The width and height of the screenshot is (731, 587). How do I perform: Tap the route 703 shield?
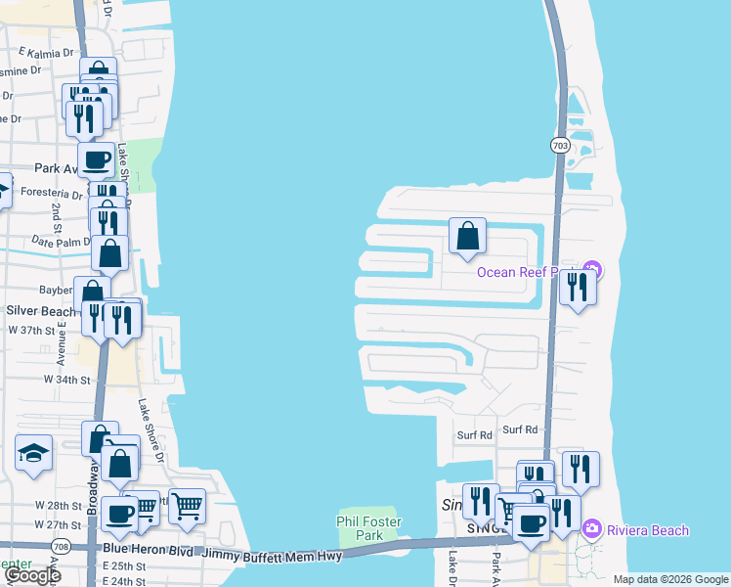coord(559,145)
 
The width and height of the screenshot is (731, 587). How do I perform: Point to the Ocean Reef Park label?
coord(528,272)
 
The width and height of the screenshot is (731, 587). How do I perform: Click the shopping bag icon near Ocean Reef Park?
coord(467,236)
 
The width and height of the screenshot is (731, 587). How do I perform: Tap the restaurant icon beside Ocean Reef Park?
coord(578,286)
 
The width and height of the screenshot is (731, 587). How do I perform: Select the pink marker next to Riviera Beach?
coord(592,529)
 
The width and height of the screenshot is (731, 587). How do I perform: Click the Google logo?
coord(32,575)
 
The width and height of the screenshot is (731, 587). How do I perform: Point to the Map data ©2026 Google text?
coord(669,579)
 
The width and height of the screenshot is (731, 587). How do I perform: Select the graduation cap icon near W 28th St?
coord(33,452)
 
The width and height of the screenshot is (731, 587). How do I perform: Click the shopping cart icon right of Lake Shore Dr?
coord(187,506)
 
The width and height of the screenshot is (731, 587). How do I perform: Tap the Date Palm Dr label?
coord(59,241)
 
